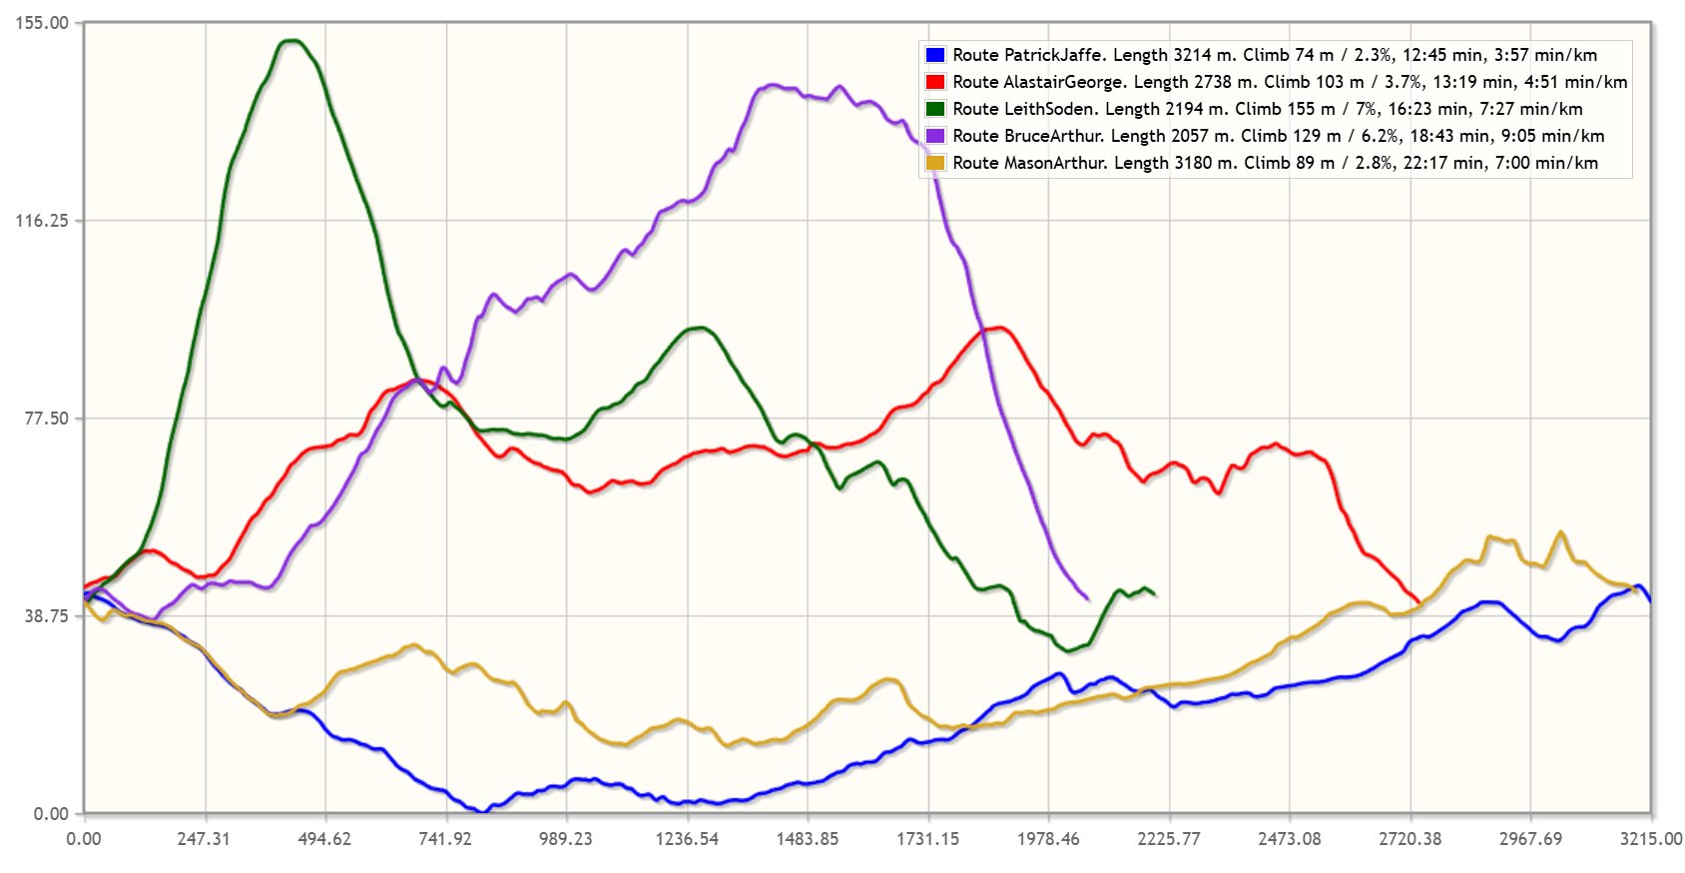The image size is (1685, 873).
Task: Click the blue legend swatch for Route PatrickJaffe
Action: click(935, 55)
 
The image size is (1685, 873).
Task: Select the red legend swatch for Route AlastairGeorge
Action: click(935, 82)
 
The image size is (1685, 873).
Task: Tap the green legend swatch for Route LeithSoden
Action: click(935, 109)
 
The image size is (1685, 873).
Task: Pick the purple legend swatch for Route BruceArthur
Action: click(935, 136)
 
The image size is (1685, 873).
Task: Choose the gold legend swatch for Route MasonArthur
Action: click(935, 163)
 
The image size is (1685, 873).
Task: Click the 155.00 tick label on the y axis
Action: click(42, 23)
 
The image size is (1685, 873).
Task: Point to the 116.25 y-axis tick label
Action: click(42, 221)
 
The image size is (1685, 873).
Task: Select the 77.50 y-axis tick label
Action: click(46, 419)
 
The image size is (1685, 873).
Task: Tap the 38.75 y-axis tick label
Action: click(46, 616)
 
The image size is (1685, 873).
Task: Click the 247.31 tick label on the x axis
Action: click(204, 839)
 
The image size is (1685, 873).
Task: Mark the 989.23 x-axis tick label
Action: click(566, 839)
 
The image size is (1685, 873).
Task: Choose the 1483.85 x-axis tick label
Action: click(808, 839)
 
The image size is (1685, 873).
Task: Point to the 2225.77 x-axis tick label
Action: click(1169, 839)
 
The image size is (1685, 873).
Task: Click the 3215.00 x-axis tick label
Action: click(1651, 839)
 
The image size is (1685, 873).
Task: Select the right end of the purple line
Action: click(1088, 599)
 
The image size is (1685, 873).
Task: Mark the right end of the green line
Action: click(1155, 595)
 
